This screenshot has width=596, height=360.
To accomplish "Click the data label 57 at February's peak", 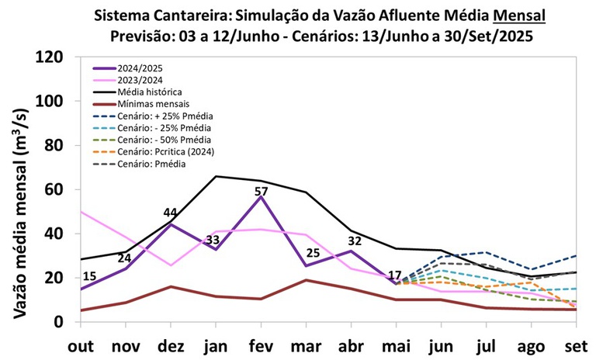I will (x=262, y=192).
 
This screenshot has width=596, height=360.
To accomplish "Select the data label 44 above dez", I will (x=171, y=213).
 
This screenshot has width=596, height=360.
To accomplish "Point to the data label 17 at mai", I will (x=394, y=275).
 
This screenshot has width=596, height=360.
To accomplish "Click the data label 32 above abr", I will (x=355, y=241).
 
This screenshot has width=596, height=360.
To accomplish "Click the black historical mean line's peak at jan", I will (x=215, y=176).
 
